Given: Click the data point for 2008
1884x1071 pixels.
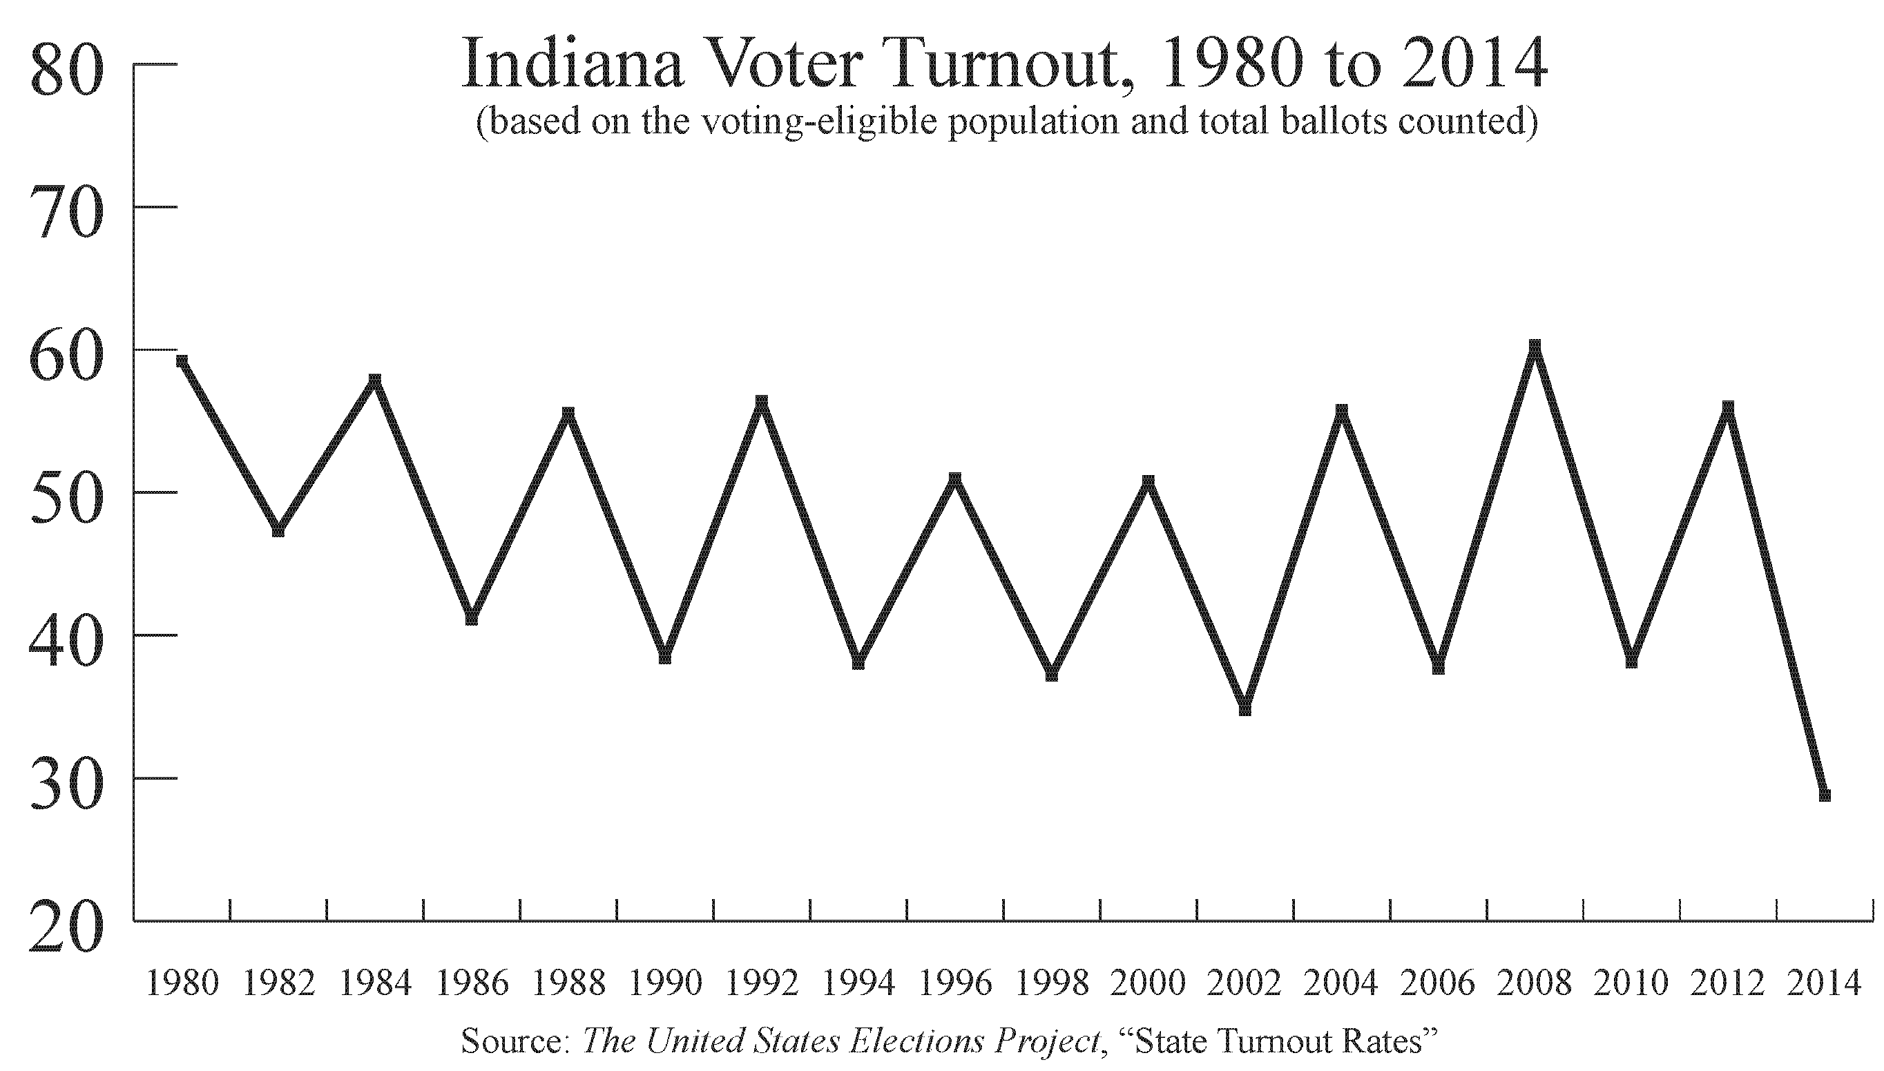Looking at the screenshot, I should pos(1535,347).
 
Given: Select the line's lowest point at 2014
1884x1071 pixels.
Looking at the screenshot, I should pos(1825,794).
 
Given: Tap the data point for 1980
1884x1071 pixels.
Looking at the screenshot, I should pos(182,360).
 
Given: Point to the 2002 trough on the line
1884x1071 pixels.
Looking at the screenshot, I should pos(1244,708).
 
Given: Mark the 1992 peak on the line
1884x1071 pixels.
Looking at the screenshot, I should pos(762,403).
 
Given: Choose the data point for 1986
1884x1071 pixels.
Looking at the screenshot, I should pos(472,619).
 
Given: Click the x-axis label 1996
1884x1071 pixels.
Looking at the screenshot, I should pos(955,983).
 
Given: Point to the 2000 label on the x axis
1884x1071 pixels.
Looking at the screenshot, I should pos(1148,983).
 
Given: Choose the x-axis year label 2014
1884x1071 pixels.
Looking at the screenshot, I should pos(1825,983).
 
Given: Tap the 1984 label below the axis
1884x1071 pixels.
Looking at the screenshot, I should pos(375,983).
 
